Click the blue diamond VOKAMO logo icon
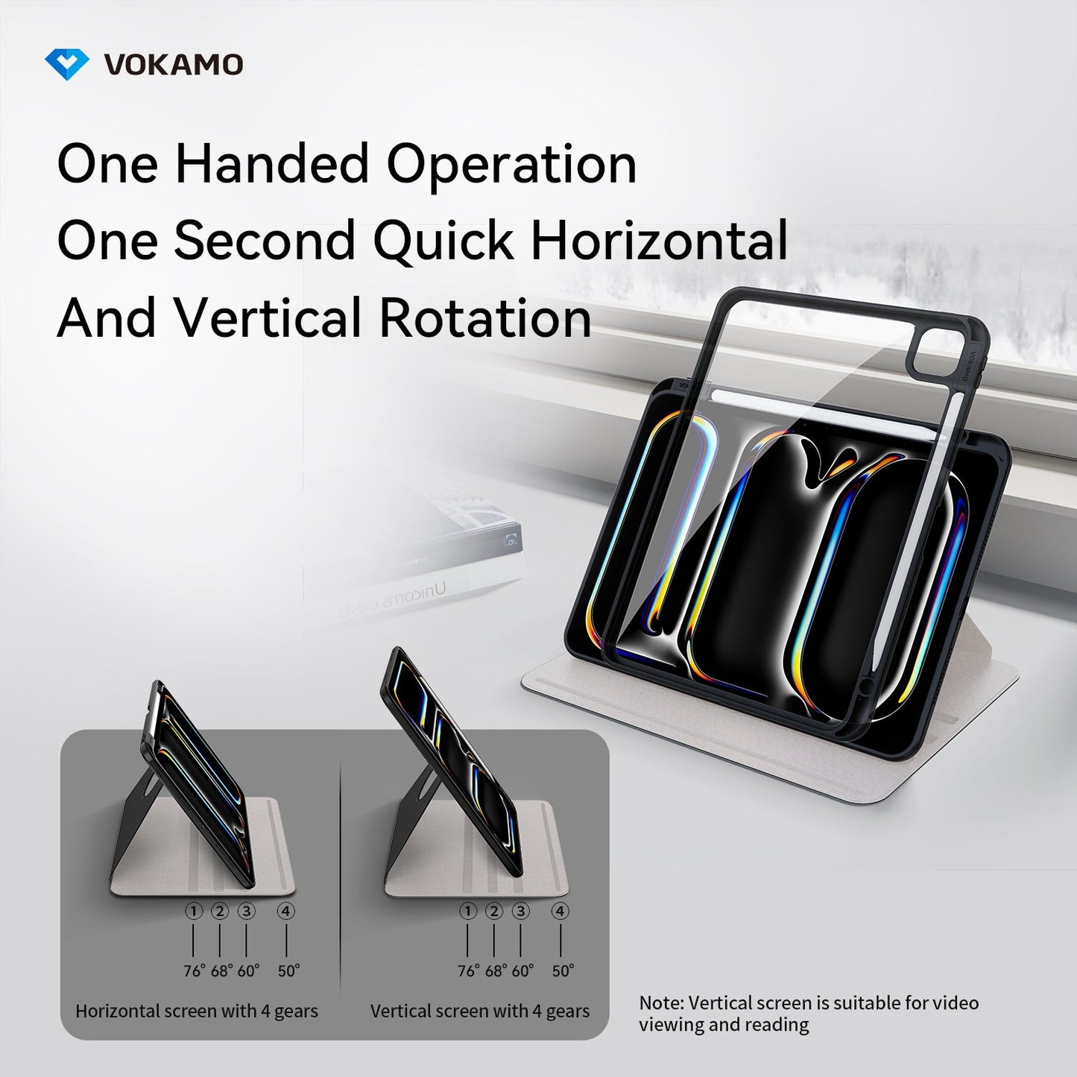pos(67,64)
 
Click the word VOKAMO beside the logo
pos(174,65)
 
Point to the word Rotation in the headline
pos(485,318)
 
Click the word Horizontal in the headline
pos(659,241)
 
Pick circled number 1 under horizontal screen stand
pos(194,911)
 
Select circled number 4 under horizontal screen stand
pos(286,911)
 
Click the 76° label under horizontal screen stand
pos(195,970)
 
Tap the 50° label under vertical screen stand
pos(563,970)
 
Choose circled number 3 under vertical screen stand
pos(520,911)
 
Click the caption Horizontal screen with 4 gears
pos(197,1011)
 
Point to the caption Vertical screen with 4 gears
pos(480,1011)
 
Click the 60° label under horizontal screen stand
pos(248,970)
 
